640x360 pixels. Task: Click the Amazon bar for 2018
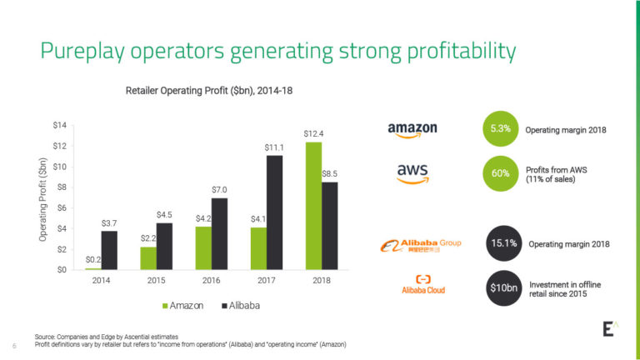point(313,206)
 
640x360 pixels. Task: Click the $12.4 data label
point(313,133)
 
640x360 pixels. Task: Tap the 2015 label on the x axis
point(156,280)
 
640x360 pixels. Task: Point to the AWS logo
point(412,172)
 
